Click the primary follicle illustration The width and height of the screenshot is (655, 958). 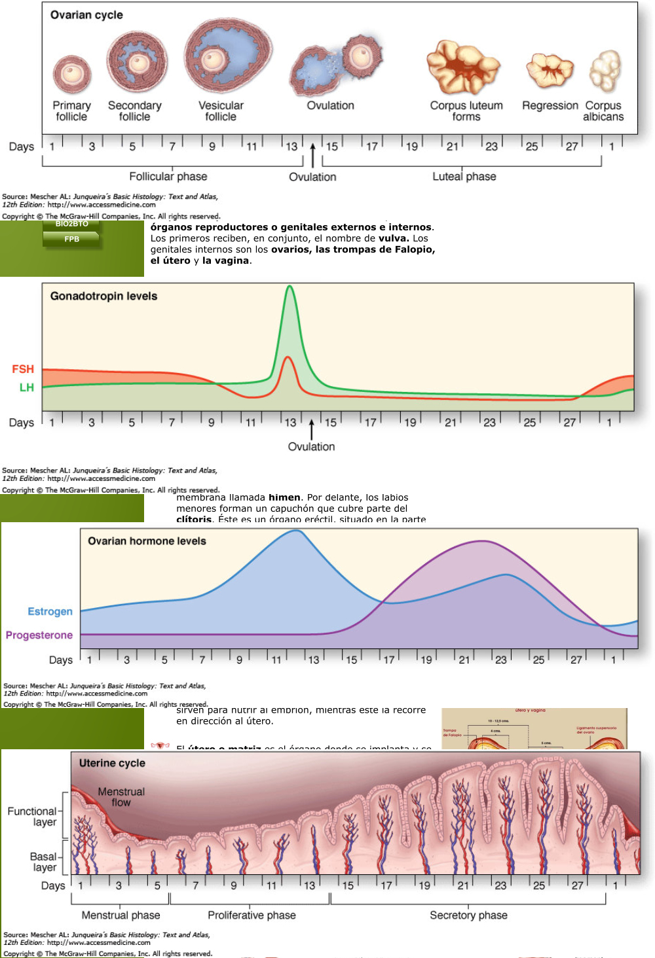72,73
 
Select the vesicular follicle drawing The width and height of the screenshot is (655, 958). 227,57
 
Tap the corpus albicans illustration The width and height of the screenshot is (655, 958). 605,71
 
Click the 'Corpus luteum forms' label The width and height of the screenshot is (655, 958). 466,111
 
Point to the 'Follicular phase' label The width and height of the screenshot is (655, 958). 168,177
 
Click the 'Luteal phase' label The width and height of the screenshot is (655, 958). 464,177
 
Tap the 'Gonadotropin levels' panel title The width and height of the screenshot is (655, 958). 104,296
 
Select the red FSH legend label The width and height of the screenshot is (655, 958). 23,370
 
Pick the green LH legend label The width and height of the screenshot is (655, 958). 27,387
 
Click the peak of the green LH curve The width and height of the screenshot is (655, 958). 290,287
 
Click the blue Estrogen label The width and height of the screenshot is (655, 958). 50,612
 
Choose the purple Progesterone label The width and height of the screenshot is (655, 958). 39,635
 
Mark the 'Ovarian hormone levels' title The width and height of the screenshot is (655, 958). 147,541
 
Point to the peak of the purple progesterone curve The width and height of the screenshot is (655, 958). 483,541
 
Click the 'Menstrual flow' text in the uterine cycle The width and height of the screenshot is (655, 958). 121,797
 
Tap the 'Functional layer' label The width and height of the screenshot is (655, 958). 32,817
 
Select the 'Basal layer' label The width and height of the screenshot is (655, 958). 44,862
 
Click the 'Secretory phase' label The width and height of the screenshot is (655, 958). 468,915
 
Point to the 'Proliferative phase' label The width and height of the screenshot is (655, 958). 252,915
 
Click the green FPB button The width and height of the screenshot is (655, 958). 71,239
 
